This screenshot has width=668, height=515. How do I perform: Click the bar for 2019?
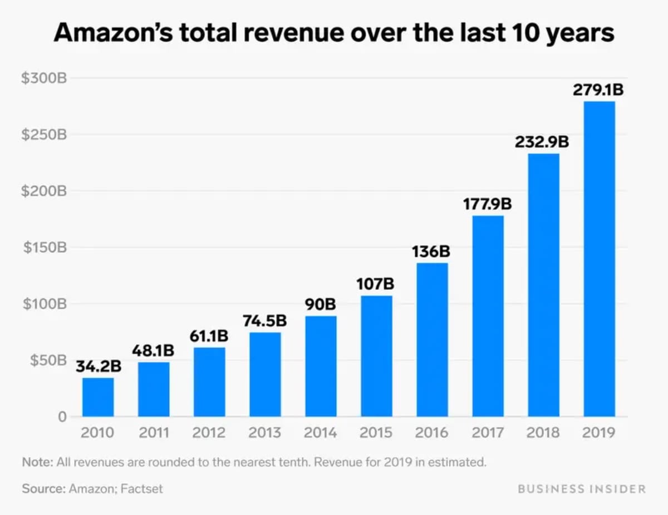click(599, 259)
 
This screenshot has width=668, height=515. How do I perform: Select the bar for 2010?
click(98, 397)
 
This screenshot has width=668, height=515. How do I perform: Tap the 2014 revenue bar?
click(321, 366)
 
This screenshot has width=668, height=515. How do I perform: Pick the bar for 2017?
click(488, 316)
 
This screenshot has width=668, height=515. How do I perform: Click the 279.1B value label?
click(598, 90)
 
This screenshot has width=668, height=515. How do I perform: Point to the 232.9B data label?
click(542, 142)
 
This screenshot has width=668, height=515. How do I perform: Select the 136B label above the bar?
click(431, 251)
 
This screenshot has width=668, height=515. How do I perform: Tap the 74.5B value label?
click(264, 321)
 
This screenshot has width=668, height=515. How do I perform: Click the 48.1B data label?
click(153, 351)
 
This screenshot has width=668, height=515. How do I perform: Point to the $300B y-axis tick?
click(44, 78)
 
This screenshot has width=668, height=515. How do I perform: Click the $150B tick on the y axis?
click(45, 247)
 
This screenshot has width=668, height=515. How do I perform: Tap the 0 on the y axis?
click(62, 417)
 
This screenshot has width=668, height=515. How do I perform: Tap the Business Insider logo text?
click(582, 489)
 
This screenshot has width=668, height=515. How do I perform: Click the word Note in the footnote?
click(35, 462)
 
